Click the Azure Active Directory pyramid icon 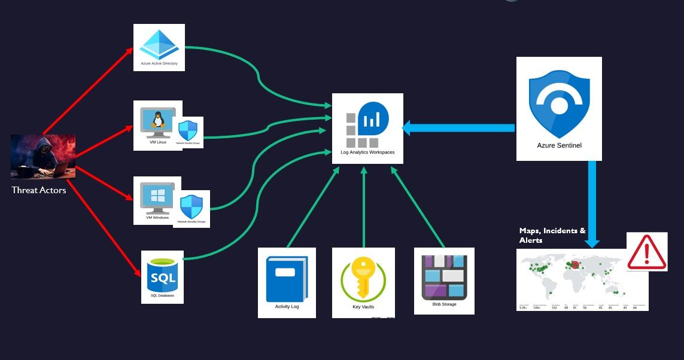pos(159,44)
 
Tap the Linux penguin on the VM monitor pos(158,120)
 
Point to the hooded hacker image pos(43,157)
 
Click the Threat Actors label pos(39,190)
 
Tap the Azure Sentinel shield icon pos(558,103)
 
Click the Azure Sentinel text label pos(559,145)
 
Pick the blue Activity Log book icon pos(286,279)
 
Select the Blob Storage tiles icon pos(444,277)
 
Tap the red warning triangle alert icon pos(646,253)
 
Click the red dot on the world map pos(575,264)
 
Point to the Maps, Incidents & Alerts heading pos(552,235)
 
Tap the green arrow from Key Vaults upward pos(363,206)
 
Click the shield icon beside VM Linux pos(188,131)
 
